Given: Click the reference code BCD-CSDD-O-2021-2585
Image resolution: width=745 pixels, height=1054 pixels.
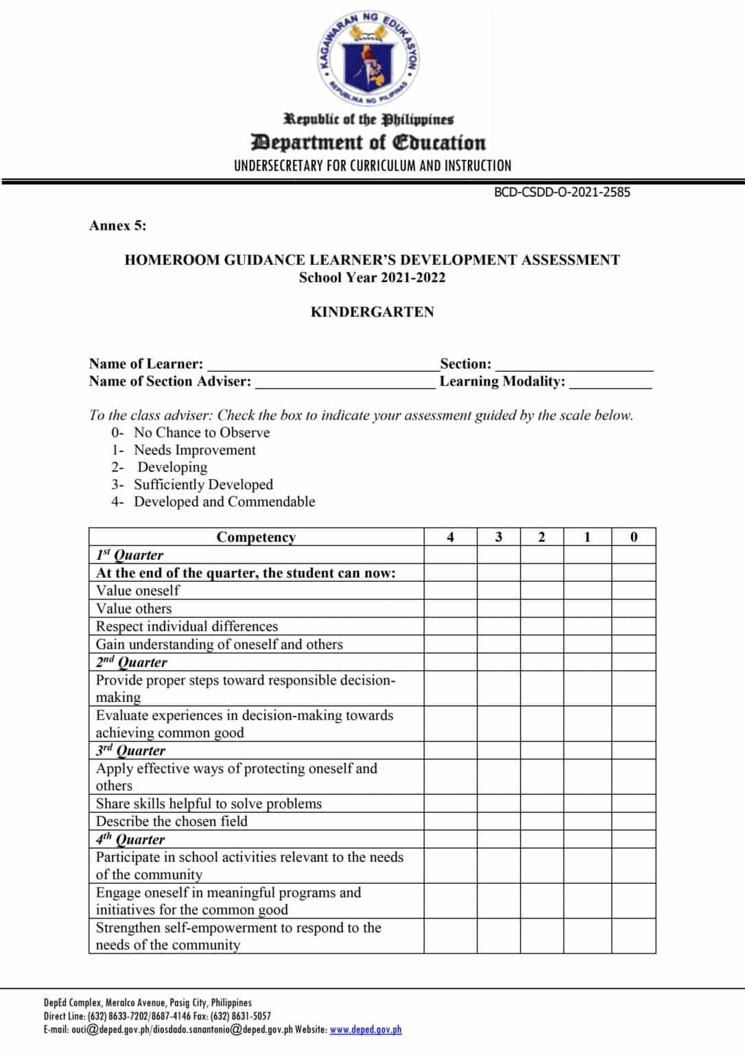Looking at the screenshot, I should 562,192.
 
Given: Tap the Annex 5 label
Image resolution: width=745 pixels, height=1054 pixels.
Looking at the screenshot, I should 117,226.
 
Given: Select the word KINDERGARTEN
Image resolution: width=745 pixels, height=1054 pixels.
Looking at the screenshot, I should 372,312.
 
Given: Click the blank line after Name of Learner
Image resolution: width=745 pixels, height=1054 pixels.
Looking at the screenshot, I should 322,365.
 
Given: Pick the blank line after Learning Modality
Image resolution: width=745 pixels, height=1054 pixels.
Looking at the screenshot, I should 610,383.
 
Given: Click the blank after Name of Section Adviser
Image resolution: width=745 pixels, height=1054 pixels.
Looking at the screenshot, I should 344,383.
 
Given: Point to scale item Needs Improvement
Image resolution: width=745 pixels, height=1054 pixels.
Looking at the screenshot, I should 194,450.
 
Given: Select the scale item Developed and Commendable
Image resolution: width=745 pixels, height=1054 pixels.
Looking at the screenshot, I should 224,502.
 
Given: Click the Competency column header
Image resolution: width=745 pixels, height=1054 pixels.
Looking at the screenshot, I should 256,537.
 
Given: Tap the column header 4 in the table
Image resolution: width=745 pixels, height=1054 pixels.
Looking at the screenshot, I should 450,537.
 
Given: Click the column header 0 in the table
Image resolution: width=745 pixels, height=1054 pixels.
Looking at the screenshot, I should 633,537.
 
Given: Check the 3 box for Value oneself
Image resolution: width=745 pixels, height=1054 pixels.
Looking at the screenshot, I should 498,591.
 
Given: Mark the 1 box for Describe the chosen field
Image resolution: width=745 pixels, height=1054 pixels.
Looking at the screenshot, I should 587,821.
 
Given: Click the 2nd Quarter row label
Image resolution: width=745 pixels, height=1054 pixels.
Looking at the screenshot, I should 132,662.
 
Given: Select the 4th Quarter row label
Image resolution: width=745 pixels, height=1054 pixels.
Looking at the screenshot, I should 130,839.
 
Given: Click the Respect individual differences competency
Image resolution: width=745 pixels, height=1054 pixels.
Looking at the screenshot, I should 187,626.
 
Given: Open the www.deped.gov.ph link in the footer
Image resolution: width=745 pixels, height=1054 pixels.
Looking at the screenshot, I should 366,1029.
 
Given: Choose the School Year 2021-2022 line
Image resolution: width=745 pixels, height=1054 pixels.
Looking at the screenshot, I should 372,278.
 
